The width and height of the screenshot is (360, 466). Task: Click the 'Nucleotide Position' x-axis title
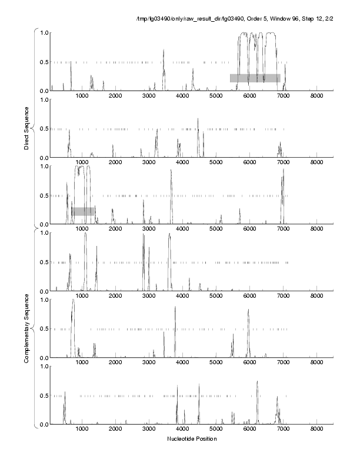point(191,439)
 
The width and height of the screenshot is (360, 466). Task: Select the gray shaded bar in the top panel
point(255,78)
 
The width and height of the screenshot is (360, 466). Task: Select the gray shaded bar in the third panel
point(83,211)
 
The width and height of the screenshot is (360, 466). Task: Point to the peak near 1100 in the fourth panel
point(85,234)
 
